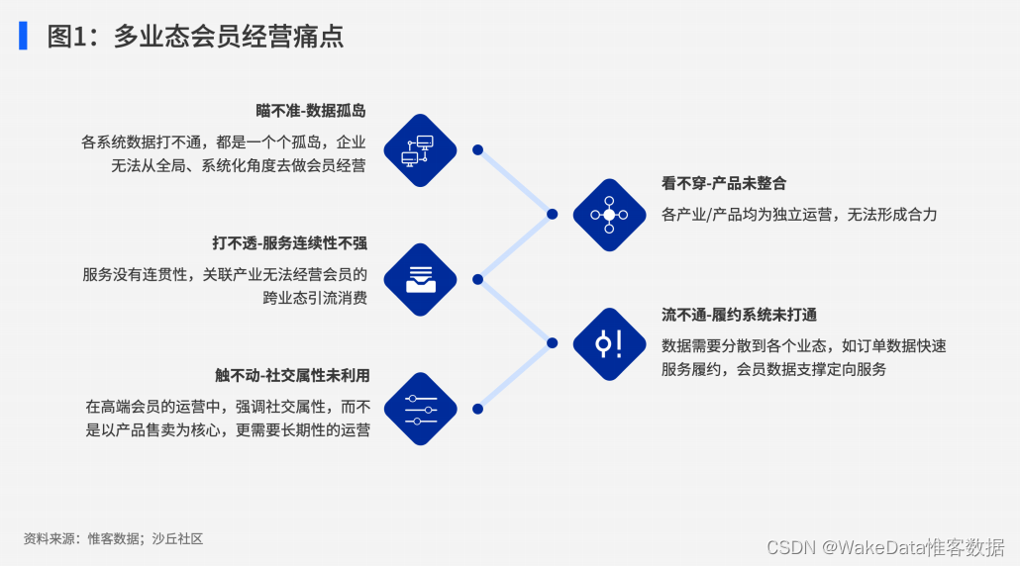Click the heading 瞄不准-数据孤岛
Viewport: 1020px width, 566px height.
pos(310,111)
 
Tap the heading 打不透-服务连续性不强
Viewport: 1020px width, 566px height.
pos(289,242)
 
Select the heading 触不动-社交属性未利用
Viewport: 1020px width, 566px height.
pos(292,375)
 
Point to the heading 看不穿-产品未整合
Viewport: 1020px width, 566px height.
pos(724,183)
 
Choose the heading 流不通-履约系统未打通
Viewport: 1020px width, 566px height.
pos(739,315)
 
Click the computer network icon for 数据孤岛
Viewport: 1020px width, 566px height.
pos(419,149)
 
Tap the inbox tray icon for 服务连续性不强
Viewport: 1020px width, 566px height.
pos(419,280)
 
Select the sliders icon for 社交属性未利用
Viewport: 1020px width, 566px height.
pos(419,409)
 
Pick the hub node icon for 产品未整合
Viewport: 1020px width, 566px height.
pos(609,215)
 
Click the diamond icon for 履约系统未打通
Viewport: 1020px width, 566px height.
pos(609,343)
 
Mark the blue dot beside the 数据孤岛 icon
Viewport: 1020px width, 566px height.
pos(477,149)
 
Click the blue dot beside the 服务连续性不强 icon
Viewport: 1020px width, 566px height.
pos(477,280)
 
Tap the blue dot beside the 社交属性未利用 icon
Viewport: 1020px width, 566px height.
pos(477,409)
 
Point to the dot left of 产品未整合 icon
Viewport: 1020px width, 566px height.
pos(553,214)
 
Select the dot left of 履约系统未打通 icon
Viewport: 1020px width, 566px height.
pos(553,343)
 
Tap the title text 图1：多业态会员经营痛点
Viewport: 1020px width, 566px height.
pos(195,37)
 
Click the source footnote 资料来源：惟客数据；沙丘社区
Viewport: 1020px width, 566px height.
pos(113,539)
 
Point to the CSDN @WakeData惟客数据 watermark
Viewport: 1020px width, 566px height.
pos(885,546)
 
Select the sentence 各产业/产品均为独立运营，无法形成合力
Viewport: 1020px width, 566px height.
pos(799,214)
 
